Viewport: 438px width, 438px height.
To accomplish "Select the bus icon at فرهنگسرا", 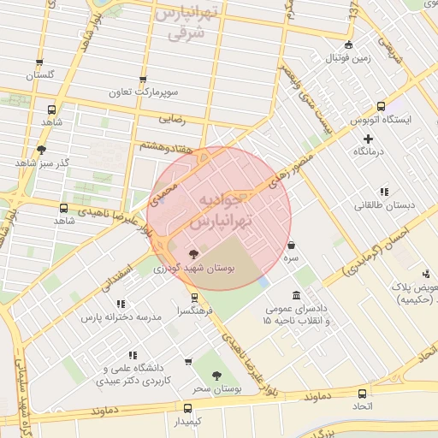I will tap(196, 298).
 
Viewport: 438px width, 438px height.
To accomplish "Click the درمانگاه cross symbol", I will tap(368, 138).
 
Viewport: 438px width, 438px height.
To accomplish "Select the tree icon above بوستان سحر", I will tap(216, 375).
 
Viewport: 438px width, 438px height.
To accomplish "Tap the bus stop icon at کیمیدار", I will tap(188, 408).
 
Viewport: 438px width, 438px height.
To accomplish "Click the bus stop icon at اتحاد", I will tap(363, 394).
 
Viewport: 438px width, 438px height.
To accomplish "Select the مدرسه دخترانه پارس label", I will tap(121, 317).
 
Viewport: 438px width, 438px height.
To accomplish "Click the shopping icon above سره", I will tap(293, 244).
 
